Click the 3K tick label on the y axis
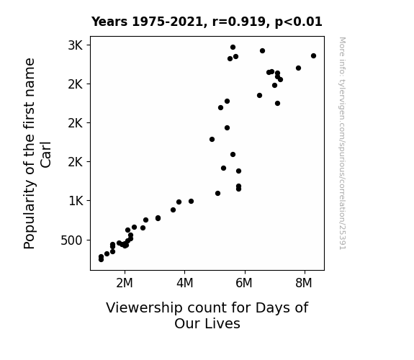tap(76, 45)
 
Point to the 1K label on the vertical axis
tap(76, 201)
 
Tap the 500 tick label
tap(72, 240)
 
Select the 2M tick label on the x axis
tap(125, 283)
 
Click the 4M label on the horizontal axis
tap(185, 283)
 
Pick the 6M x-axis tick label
tap(244, 283)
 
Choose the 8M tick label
tap(304, 283)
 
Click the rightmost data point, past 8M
tap(313, 55)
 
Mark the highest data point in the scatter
tap(233, 48)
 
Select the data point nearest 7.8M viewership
tap(298, 68)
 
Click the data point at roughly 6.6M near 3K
tap(262, 50)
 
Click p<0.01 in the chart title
tap(299, 22)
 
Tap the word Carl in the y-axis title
tap(45, 155)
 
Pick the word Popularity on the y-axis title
tap(29, 215)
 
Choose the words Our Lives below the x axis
tap(207, 323)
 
